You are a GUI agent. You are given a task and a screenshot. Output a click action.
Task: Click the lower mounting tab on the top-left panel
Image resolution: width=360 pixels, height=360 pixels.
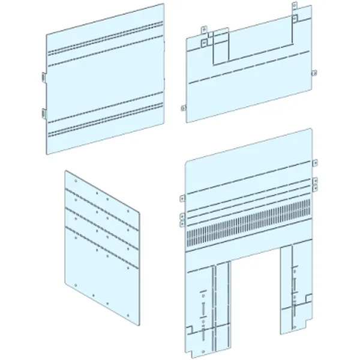(44, 112)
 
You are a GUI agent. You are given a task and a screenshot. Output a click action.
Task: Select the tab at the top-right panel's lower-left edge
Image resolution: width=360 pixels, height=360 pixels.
(182, 108)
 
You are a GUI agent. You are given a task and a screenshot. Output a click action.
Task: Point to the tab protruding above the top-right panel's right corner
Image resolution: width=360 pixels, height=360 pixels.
(293, 7)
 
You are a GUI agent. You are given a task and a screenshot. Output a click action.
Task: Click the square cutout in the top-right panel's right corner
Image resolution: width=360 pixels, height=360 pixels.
(295, 18)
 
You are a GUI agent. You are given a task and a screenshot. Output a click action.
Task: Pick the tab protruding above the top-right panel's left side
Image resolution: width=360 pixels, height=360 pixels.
(204, 28)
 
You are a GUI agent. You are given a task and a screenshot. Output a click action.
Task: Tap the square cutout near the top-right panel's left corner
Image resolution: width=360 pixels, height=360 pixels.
(205, 43)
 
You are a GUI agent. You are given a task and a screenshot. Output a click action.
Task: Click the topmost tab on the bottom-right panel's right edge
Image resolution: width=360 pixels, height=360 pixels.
(314, 163)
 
